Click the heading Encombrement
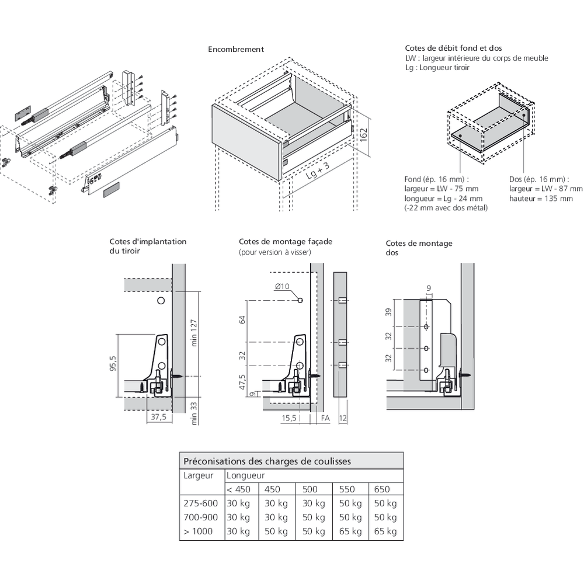[236, 50]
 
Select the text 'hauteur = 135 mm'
[541, 199]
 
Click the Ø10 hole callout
[282, 286]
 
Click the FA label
[325, 418]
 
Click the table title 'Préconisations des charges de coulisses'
[267, 461]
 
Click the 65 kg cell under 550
[349, 531]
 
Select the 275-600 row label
[200, 503]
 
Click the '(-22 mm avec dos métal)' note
[446, 208]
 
